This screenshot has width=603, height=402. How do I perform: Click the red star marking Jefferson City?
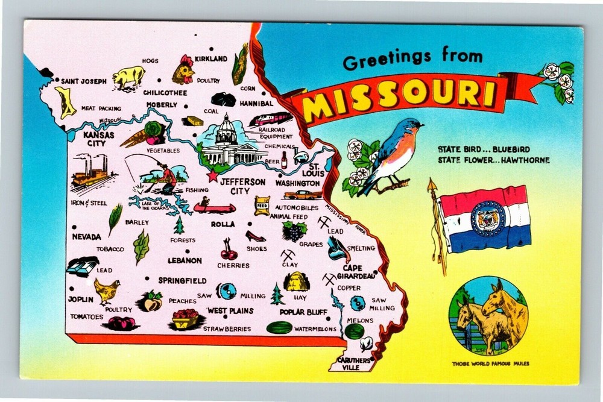coord(212,177)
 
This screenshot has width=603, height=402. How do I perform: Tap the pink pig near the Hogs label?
coord(129,77)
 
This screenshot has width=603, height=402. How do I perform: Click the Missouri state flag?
coord(485,219)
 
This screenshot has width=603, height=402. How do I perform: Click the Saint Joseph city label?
coord(84,81)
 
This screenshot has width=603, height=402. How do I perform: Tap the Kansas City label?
coord(99,139)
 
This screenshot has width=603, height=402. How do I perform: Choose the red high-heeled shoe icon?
coord(255,236)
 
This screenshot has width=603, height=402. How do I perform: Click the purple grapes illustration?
coord(294,231)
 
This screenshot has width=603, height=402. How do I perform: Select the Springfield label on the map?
coord(182,280)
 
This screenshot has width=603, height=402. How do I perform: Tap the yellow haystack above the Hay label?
coord(297,281)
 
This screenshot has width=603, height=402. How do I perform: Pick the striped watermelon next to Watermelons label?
coord(279,327)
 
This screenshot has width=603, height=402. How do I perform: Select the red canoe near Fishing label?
coord(214,208)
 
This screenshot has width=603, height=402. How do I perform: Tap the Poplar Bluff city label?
coord(303,312)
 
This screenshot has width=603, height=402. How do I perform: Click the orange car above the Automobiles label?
coord(303,195)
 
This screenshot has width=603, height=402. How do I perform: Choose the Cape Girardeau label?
coord(359,272)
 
